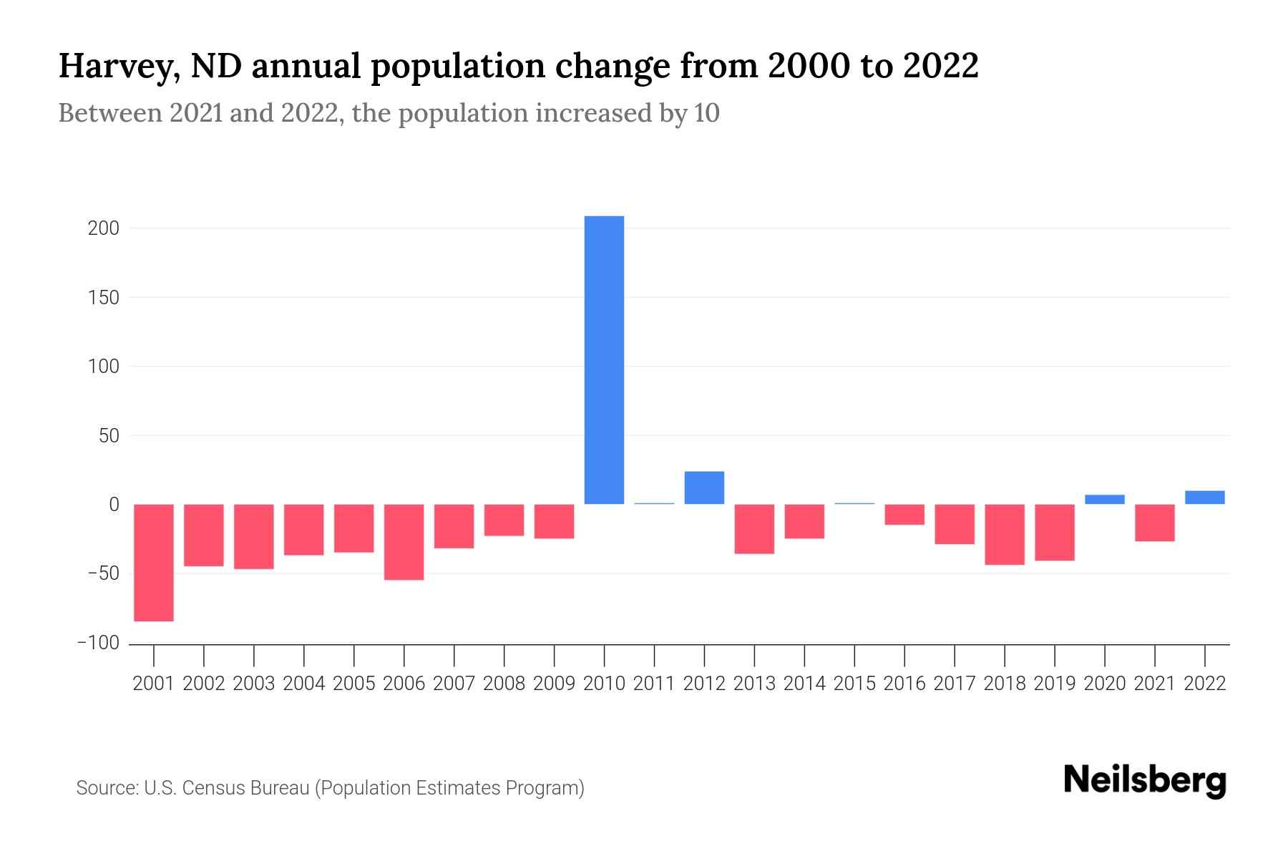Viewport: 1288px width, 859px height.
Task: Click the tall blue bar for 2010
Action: click(x=604, y=359)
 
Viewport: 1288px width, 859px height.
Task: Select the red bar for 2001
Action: click(x=154, y=563)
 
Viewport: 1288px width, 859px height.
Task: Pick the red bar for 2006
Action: click(x=404, y=542)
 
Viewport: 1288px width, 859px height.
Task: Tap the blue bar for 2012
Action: click(x=704, y=487)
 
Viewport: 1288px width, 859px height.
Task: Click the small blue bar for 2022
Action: click(x=1204, y=498)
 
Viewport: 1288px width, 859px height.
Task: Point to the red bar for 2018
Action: click(x=1004, y=535)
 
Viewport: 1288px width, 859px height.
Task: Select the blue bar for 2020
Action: click(x=1104, y=500)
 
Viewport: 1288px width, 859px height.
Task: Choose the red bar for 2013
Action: click(x=754, y=529)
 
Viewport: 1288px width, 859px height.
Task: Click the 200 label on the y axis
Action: click(x=104, y=229)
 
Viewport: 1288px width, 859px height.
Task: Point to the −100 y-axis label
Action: click(x=98, y=643)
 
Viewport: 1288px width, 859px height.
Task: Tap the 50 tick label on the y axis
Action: click(x=109, y=436)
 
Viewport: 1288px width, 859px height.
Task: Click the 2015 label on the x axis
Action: click(x=854, y=684)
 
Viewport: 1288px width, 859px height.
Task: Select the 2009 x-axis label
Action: click(x=554, y=684)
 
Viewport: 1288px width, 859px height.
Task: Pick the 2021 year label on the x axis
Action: click(x=1154, y=684)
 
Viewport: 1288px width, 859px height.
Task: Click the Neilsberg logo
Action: click(x=1144, y=780)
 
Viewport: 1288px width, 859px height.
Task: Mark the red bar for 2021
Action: click(x=1154, y=523)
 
